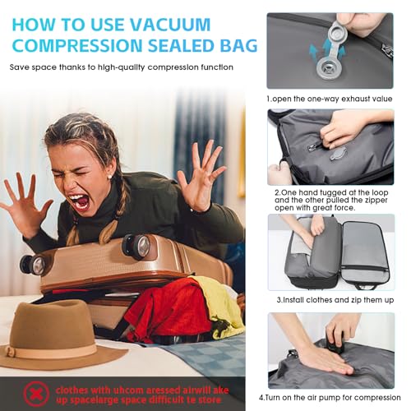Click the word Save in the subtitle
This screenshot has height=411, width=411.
pos(20,67)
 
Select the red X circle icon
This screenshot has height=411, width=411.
pos(36,394)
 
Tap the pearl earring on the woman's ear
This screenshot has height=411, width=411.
pos(110,177)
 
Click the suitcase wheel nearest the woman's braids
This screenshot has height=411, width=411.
pos(136,246)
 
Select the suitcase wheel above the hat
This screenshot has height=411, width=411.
pos(32,265)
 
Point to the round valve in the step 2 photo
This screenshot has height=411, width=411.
pos(338,155)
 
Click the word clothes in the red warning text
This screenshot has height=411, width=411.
pos(72,390)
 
